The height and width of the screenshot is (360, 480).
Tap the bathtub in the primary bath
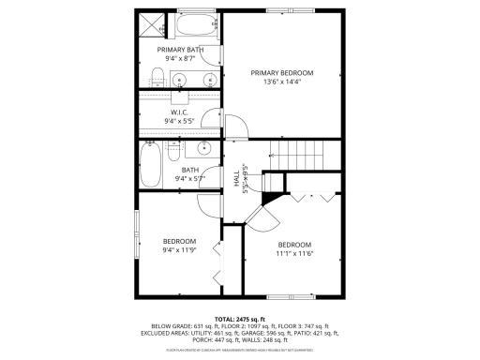coord(197,24)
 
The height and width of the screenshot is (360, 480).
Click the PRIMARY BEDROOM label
coord(281,72)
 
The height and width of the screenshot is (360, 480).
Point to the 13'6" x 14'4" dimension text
coord(281,82)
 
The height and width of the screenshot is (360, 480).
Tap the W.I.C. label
coord(180,112)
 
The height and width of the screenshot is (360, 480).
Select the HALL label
coord(235,178)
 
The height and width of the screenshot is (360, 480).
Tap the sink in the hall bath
coord(202,149)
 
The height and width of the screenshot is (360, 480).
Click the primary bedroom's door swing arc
coord(236,127)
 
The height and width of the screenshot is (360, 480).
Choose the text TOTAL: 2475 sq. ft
coord(239,320)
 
